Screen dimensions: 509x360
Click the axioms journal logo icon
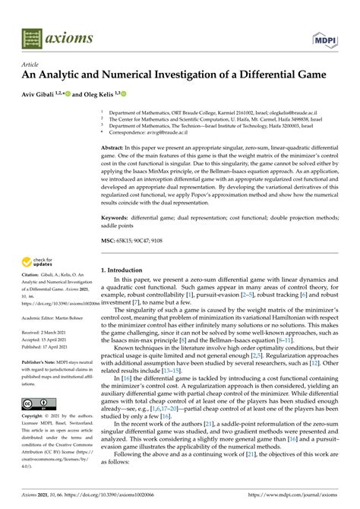[33, 36]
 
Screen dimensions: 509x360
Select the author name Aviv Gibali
[44, 93]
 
